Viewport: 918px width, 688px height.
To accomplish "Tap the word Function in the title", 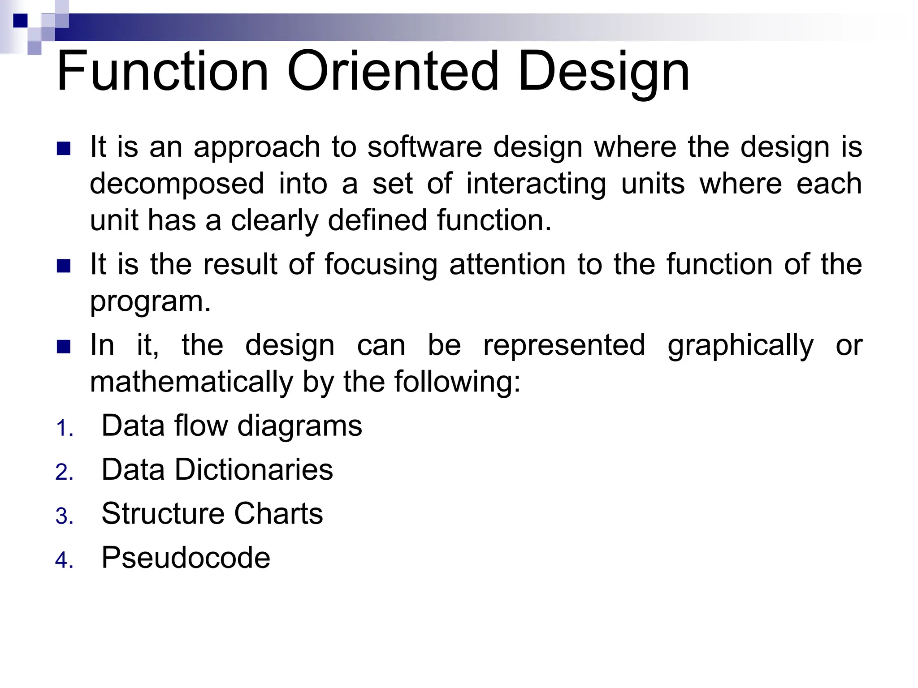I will click(162, 72).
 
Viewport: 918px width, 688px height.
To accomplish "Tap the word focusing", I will click(381, 265).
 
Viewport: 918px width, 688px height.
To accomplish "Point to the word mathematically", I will click(191, 382).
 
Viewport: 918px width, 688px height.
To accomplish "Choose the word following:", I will click(457, 382).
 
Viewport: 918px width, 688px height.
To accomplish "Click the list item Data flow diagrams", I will click(231, 426).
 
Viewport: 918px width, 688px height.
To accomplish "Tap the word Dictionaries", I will click(253, 470).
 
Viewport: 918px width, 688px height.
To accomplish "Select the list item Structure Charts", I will click(212, 513).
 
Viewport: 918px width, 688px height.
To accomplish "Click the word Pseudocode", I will click(186, 558).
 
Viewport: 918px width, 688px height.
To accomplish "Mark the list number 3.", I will click(64, 516).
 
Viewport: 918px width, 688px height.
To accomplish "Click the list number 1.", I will click(64, 429).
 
